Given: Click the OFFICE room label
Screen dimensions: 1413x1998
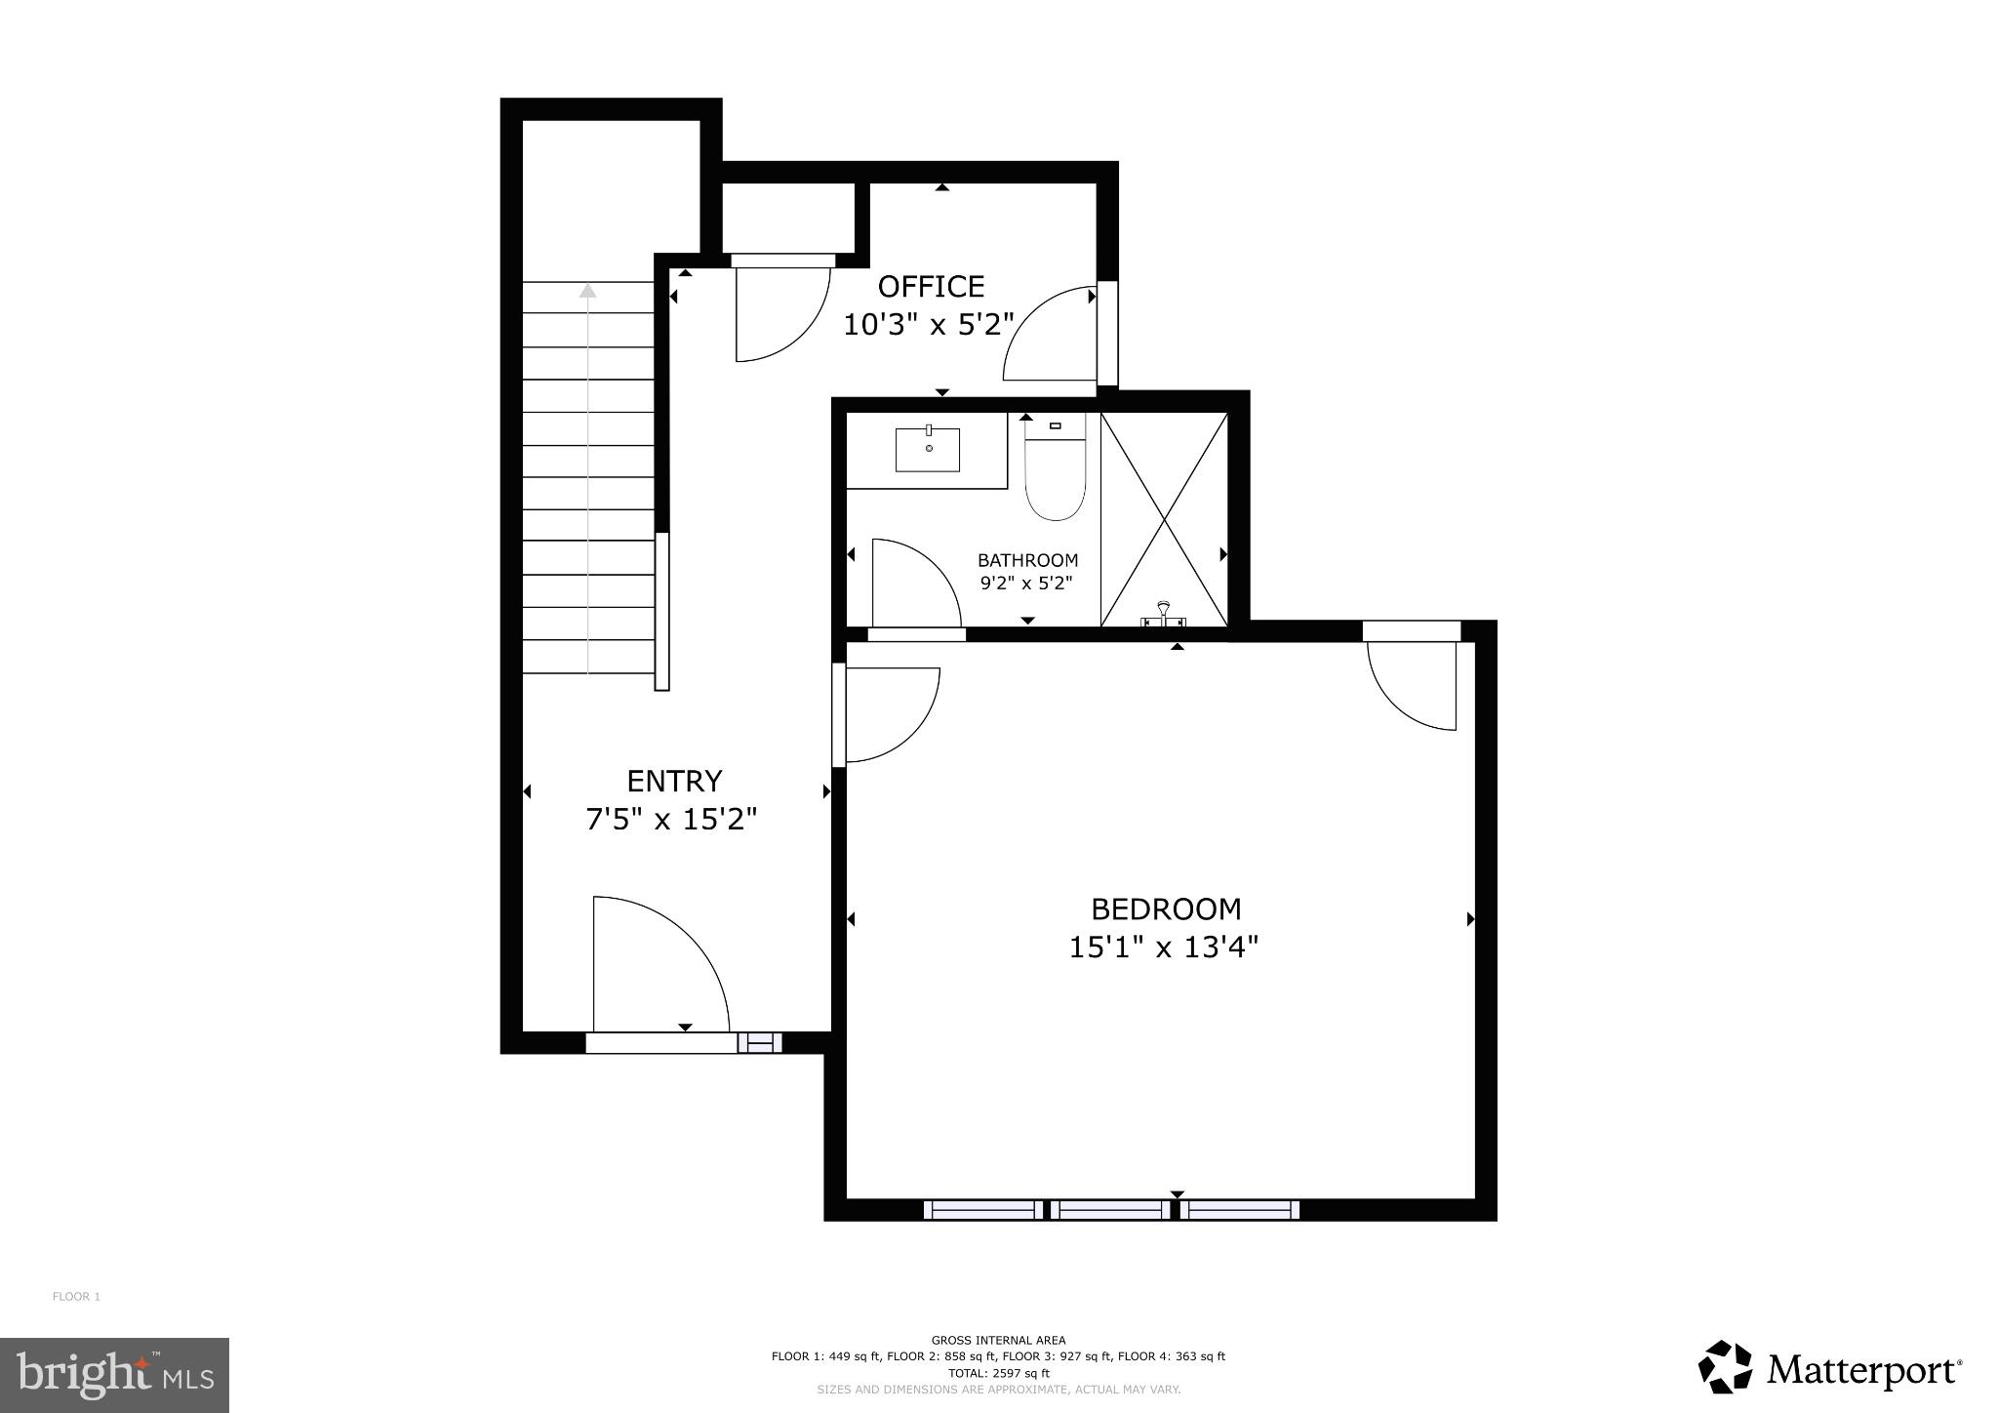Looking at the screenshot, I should (931, 286).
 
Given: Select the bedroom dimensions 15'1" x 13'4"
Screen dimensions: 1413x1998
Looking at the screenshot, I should (1164, 947).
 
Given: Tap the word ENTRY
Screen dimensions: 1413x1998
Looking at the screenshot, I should (674, 781).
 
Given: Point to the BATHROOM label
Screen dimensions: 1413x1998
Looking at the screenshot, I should (1027, 560).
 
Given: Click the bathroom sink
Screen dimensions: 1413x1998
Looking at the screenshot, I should (928, 450).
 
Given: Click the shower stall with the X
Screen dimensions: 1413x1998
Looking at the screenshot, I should (1164, 518).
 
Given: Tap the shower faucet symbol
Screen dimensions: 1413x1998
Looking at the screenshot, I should (1162, 615).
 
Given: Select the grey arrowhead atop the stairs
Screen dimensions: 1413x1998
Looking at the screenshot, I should (587, 290).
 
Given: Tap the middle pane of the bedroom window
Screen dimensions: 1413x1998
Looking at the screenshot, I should (1113, 1210).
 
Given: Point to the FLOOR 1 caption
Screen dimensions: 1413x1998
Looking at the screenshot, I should (76, 1297).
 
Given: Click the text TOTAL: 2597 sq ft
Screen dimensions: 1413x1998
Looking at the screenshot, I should (998, 1373).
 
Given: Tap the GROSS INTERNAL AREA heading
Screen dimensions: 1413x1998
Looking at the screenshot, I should (998, 1341).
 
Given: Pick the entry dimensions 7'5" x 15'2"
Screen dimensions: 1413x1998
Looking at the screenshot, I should (671, 819).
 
